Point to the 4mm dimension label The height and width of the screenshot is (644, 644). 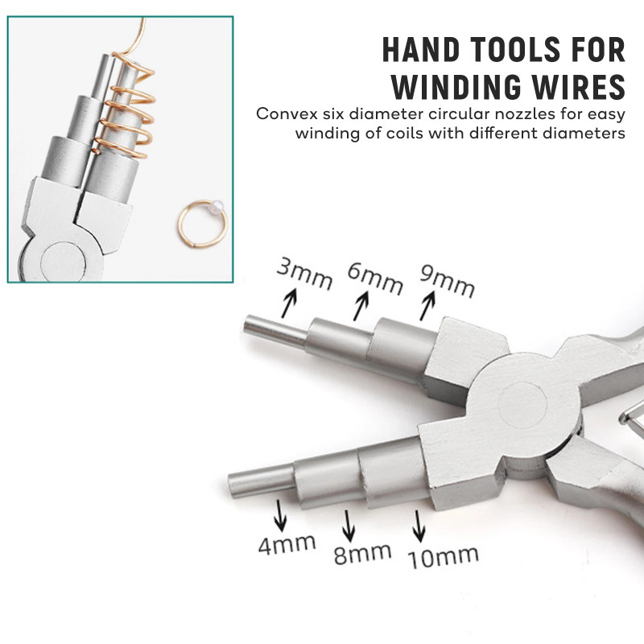click(287, 545)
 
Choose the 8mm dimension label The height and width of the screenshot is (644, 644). click(362, 554)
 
